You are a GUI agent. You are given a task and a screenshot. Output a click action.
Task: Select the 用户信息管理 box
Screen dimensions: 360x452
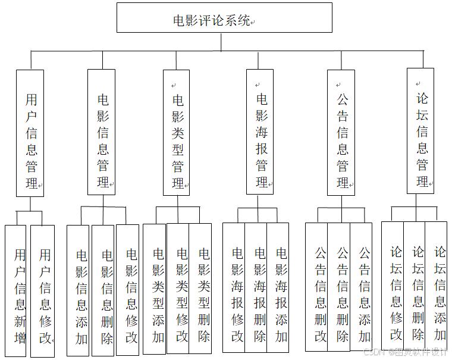coord(30,133)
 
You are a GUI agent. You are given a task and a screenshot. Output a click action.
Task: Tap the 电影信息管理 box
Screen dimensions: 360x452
coord(102,132)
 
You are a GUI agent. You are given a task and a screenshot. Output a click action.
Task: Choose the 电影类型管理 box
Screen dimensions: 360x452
coord(177,133)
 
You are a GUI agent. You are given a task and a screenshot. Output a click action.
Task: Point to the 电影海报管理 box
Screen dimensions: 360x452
coord(260,132)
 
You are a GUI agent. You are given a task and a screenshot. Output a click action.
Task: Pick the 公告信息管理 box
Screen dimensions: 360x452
coord(341,133)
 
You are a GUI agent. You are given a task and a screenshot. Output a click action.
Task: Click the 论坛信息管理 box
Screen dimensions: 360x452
coord(420,132)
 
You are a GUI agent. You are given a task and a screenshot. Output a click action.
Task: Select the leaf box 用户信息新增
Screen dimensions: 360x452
coord(16,291)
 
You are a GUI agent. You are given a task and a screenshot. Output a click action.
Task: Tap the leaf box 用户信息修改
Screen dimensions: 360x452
coord(43,291)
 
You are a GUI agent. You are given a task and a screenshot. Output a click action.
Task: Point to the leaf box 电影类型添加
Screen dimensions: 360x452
coord(155,290)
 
